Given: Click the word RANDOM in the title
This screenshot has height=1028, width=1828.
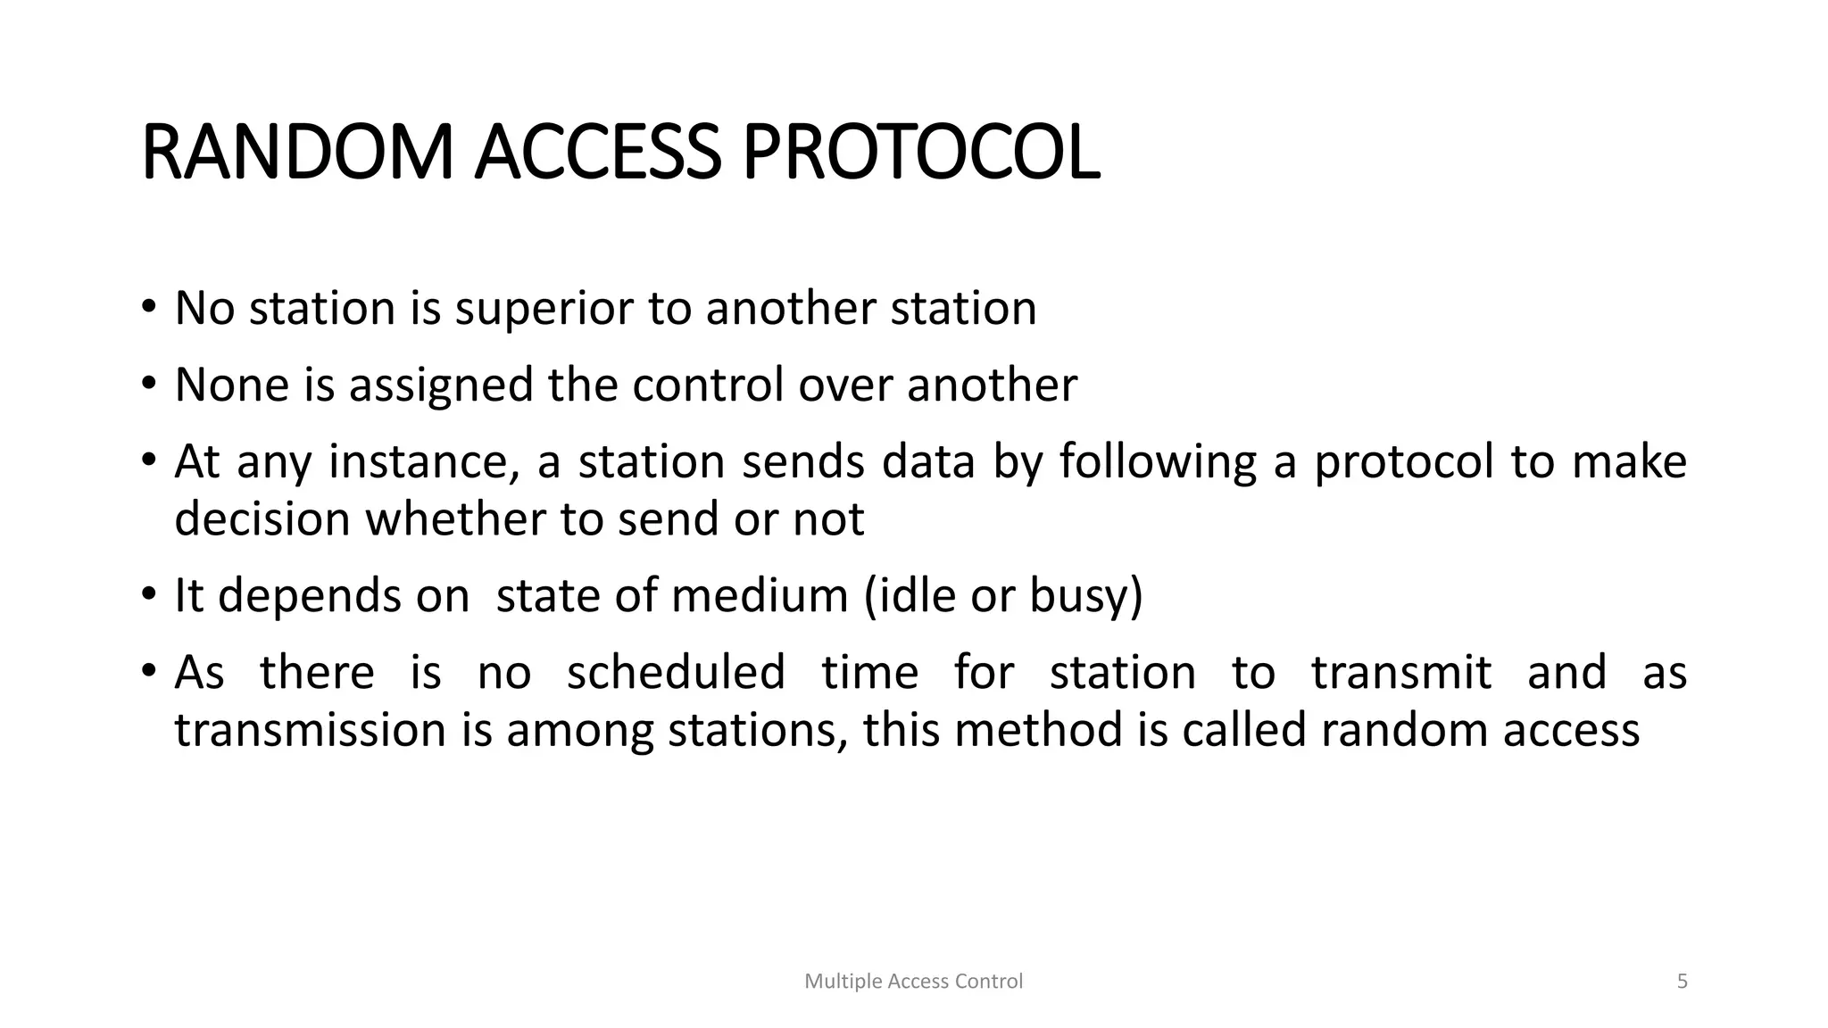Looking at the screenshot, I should coord(297,153).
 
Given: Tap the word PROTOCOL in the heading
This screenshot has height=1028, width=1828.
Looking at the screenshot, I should coord(920,153).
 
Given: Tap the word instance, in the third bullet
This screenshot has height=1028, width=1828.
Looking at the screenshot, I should coord(424,463).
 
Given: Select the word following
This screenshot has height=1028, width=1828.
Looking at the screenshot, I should coord(1158,463).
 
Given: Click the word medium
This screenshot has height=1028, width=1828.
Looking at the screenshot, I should coord(759,596).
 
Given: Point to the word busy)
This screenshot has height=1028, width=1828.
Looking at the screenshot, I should coord(1085,596).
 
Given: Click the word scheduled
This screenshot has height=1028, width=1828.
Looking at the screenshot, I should coord(676,673).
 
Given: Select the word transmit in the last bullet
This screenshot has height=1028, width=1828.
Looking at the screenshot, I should coord(1400,673).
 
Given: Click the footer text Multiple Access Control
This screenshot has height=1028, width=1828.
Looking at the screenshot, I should coord(913,982).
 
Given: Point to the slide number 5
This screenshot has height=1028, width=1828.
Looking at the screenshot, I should coord(1682,982).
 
